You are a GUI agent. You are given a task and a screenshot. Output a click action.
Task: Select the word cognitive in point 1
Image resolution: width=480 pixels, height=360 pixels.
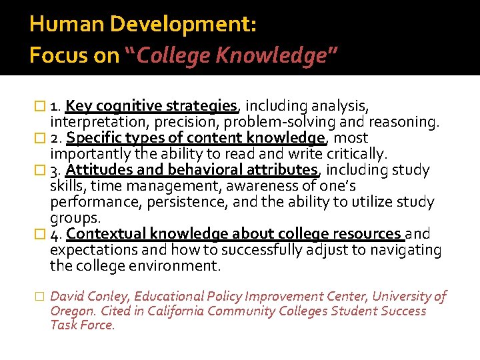(131, 106)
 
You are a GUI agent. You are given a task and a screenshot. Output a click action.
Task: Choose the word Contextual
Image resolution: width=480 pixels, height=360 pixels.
(106, 234)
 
